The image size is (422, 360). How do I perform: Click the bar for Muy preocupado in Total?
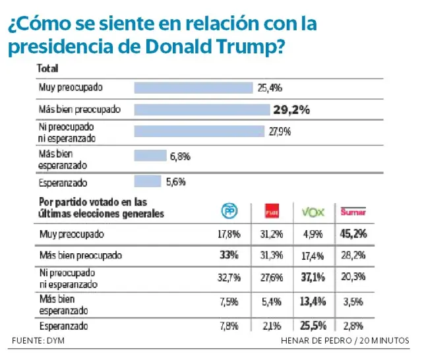193,88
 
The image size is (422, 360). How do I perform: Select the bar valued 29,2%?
201,109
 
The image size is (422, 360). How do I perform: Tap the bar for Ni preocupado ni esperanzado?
199,131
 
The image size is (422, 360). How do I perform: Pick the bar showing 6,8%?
150,156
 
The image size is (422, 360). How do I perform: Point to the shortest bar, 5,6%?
148,181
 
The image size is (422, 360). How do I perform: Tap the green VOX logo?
313,212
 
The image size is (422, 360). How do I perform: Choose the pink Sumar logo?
353,212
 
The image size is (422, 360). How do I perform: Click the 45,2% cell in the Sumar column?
353,233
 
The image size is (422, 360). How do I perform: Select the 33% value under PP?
229,255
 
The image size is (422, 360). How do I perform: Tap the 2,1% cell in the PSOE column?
272,325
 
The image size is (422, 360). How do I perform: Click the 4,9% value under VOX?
313,233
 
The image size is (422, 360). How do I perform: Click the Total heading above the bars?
47,69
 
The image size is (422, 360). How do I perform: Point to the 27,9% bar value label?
280,131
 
